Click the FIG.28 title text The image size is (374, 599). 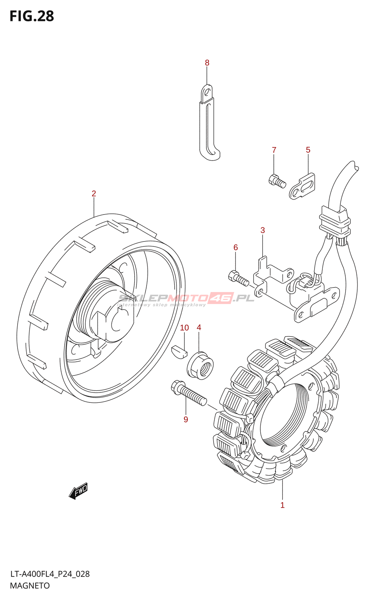click(x=32, y=16)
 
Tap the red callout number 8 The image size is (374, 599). click(x=207, y=63)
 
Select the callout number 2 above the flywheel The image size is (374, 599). click(x=94, y=194)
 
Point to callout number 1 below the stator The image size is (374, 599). click(x=282, y=505)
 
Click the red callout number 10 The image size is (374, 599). click(x=184, y=328)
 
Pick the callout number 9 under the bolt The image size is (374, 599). click(x=186, y=419)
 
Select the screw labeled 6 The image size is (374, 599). click(x=239, y=279)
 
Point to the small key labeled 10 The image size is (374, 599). click(x=179, y=352)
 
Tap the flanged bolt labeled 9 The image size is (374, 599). click(x=188, y=393)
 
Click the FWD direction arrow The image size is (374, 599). click(x=78, y=491)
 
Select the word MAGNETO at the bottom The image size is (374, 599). click(x=30, y=586)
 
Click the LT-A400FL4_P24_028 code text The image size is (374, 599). click(x=50, y=574)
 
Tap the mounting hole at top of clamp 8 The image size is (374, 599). click(x=206, y=92)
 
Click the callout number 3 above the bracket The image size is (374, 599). click(x=263, y=230)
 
